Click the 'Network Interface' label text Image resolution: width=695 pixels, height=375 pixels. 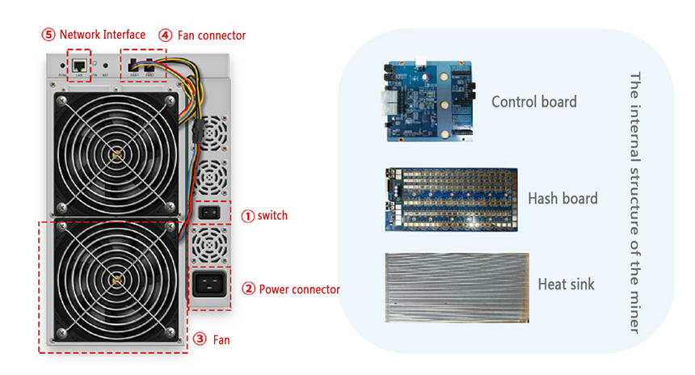pos(103,35)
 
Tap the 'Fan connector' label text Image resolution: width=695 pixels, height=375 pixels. pos(213,36)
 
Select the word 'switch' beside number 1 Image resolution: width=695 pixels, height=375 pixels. pos(272,216)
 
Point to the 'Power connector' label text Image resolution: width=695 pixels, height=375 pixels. pos(299,289)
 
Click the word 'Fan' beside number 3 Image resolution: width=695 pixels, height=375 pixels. pos(221,340)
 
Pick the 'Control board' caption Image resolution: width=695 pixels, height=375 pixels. pos(534,102)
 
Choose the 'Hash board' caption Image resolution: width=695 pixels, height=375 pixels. pos(562,198)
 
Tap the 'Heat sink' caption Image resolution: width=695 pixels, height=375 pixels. pos(566,284)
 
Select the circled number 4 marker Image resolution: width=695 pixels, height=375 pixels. pos(165,36)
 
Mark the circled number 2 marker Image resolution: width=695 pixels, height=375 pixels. pos(249,289)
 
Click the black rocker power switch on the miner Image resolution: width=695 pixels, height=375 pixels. pos(208,213)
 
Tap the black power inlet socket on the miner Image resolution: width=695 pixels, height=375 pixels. pos(209,285)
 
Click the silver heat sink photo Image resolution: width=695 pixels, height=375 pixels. pos(457,287)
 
